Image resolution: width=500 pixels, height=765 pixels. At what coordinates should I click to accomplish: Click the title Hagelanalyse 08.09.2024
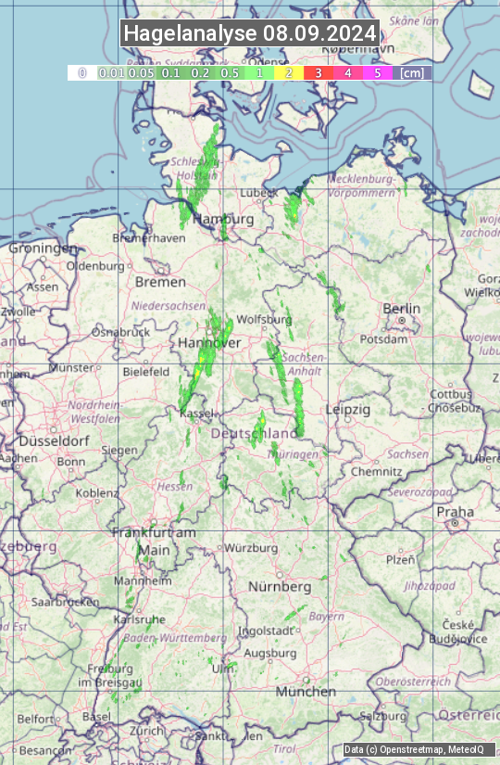tap(250, 33)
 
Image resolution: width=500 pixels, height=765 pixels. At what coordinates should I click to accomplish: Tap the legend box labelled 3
tap(318, 72)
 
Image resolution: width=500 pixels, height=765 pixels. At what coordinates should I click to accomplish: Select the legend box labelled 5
tap(377, 72)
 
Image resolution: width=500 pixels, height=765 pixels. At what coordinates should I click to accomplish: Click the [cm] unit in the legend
tap(412, 72)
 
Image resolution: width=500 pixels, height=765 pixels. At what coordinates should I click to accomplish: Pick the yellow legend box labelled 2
tap(289, 72)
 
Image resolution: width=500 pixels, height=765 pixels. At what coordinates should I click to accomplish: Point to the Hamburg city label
tap(227, 219)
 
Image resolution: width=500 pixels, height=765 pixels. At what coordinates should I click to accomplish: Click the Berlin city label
tap(402, 309)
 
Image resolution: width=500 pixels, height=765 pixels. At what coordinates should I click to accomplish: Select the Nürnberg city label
tap(280, 587)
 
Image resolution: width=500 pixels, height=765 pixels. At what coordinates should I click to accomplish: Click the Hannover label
tap(209, 343)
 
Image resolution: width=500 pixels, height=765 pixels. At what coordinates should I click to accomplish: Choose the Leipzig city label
tap(348, 409)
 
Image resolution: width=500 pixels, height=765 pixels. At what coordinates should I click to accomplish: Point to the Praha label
tap(455, 511)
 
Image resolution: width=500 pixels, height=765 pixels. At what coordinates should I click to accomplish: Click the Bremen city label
tap(154, 281)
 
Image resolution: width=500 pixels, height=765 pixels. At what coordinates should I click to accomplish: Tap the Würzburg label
tap(251, 548)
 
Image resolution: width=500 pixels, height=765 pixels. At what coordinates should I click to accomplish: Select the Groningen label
tap(43, 249)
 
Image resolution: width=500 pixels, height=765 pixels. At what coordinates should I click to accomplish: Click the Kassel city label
tap(197, 412)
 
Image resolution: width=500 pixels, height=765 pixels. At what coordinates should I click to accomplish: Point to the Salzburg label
tap(383, 717)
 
